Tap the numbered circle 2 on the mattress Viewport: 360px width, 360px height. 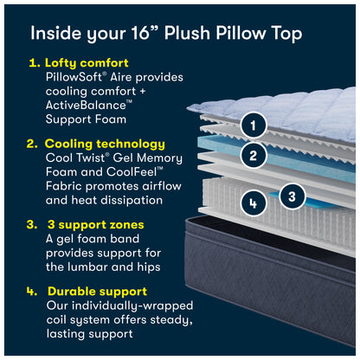click(x=253, y=156)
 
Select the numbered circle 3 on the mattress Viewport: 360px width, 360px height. click(x=292, y=196)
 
